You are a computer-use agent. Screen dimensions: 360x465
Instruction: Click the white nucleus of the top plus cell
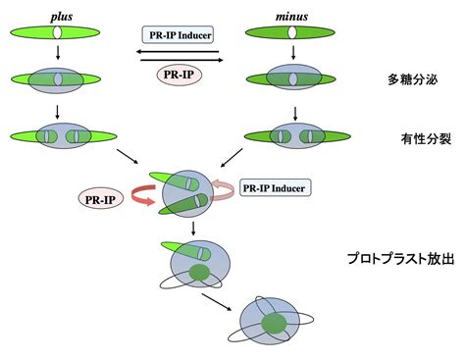[58, 32]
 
